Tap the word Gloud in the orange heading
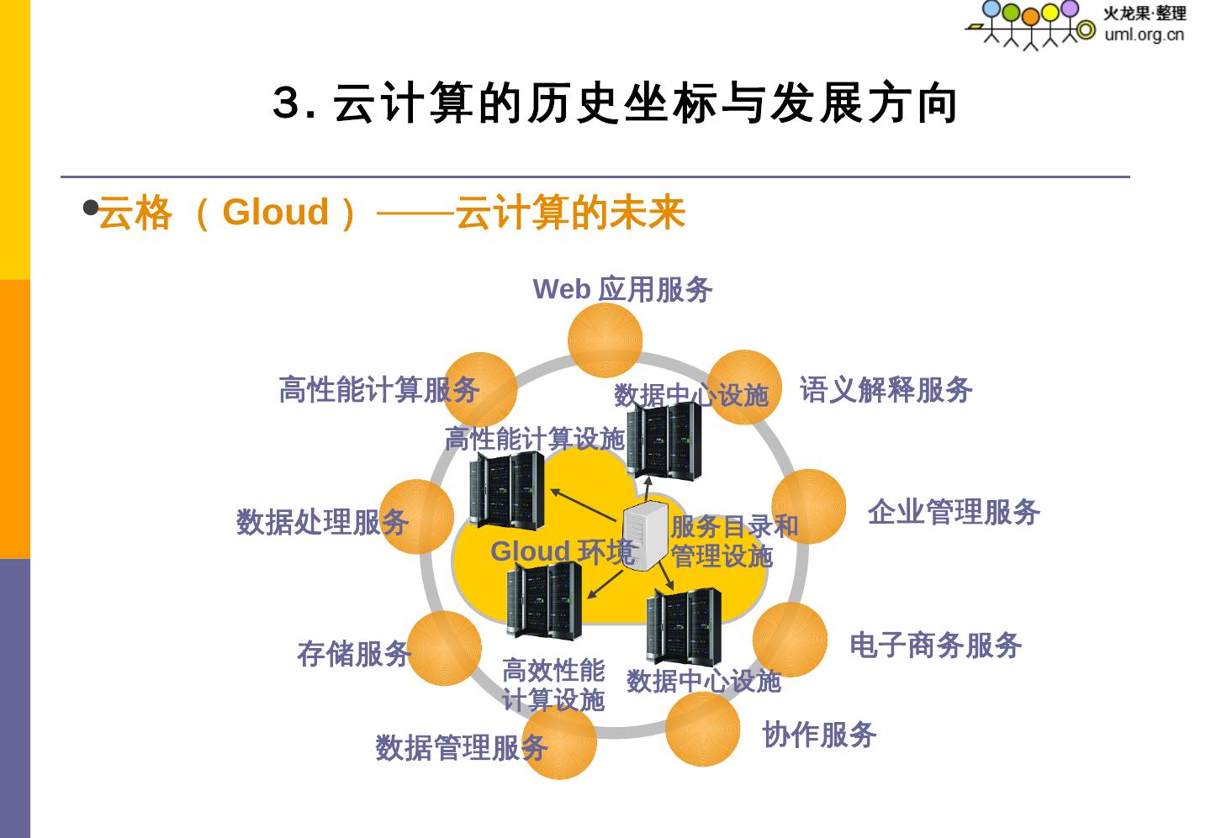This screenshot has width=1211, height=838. click(x=275, y=212)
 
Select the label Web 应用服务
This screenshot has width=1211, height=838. click(x=622, y=289)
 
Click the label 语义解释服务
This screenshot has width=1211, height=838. click(x=886, y=389)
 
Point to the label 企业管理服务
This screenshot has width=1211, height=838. click(x=954, y=511)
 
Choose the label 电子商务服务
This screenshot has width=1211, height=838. click(x=935, y=646)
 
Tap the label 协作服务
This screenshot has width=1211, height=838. click(x=819, y=735)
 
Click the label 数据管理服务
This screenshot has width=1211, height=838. click(x=462, y=747)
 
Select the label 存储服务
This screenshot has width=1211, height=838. click(x=353, y=654)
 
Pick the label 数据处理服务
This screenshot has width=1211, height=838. click(x=322, y=522)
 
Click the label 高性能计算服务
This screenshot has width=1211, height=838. click(x=378, y=389)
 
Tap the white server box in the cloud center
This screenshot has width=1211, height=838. click(x=645, y=535)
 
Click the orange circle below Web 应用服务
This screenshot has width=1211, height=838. click(x=605, y=340)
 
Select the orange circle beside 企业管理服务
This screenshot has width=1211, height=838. click(x=808, y=506)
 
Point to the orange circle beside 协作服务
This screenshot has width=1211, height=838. click(x=702, y=729)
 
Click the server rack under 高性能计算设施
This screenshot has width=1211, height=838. click(x=506, y=490)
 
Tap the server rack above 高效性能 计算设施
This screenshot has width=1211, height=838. click(x=544, y=600)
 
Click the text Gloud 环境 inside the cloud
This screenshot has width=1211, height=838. click(x=562, y=551)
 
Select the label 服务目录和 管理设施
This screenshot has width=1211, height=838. click(x=733, y=541)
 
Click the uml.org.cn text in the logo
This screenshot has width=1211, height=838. click(x=1144, y=34)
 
